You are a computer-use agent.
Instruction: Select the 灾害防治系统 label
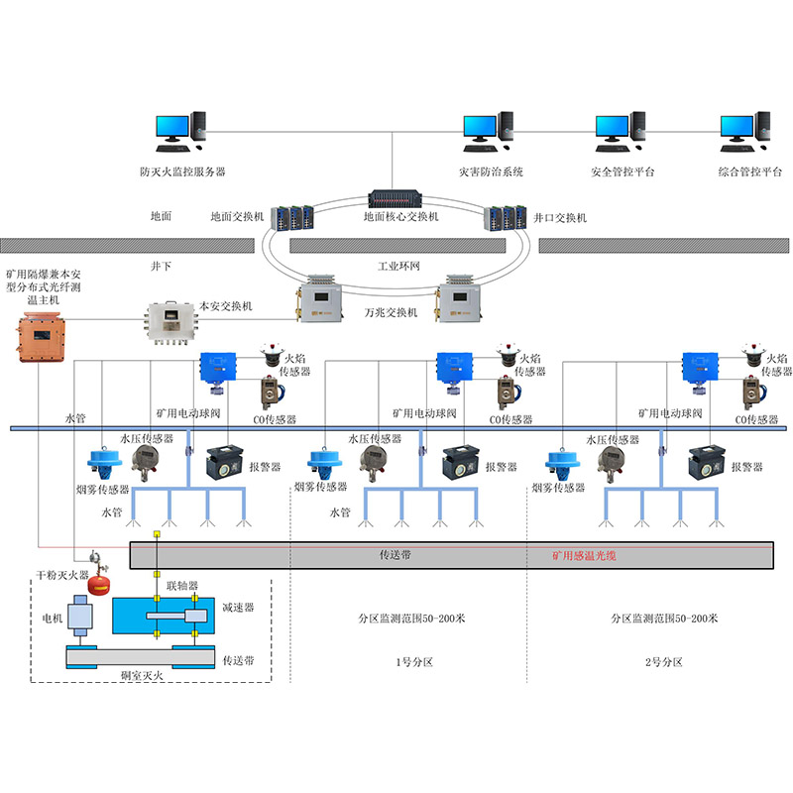[x=491, y=171]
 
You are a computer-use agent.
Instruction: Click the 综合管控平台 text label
[x=750, y=171]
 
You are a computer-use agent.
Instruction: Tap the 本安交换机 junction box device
[x=171, y=319]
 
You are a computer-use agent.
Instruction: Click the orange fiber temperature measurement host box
[x=40, y=335]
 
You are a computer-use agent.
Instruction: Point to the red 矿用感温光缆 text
[x=584, y=556]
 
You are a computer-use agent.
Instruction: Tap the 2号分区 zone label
[x=663, y=661]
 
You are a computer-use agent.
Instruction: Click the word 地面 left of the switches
[x=161, y=216]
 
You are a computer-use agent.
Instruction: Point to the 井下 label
[x=161, y=267]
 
